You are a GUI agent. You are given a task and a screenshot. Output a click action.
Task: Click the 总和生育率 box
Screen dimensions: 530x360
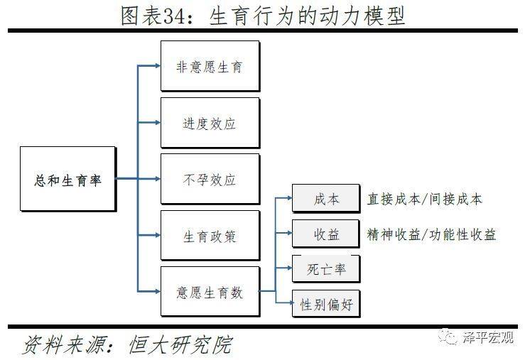tap(68, 179)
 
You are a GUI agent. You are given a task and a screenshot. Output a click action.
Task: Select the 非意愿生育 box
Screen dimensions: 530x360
tap(210, 66)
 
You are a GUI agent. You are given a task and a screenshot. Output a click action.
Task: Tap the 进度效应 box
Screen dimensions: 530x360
tap(210, 123)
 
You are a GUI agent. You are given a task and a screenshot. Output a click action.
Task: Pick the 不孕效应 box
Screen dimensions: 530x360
tap(210, 179)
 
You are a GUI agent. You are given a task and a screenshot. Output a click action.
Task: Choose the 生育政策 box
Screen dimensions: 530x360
tap(210, 236)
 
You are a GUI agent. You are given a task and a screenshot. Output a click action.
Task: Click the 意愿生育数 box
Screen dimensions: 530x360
tap(210, 291)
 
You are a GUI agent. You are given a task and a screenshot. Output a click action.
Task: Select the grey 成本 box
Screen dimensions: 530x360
tap(326, 198)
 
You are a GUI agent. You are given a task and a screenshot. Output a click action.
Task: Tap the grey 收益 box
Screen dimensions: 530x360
tap(326, 234)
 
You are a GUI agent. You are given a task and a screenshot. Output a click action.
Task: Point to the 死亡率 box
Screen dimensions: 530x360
tap(326, 269)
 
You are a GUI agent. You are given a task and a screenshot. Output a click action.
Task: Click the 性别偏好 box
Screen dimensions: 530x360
tap(326, 304)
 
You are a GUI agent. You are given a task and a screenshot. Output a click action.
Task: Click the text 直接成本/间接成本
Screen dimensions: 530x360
tap(425, 200)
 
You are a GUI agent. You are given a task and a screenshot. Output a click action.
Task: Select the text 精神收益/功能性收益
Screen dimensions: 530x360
tap(431, 234)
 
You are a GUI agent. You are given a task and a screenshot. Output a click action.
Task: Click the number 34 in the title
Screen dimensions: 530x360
tap(174, 16)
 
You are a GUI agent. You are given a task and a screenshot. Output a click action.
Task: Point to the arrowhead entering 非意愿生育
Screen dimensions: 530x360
tap(158, 65)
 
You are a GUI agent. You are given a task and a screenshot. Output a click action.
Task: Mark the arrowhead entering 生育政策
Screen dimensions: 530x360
tap(158, 235)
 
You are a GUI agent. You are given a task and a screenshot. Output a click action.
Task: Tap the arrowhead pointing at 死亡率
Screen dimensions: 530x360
tap(289, 268)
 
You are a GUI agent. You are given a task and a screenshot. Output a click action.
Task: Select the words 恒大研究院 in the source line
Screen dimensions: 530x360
tap(181, 344)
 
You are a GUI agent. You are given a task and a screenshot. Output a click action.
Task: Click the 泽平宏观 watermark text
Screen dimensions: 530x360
tap(488, 337)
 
